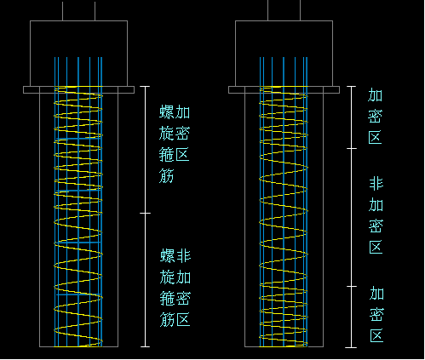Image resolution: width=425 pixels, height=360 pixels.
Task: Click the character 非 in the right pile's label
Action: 376,184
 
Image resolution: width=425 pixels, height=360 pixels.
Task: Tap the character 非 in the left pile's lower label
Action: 183,255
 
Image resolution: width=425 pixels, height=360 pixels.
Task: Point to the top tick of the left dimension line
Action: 145,86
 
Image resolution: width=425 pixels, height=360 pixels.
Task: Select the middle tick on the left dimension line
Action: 145,213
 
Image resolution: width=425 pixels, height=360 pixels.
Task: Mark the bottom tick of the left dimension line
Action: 145,346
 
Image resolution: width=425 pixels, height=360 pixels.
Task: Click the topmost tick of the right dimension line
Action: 352,86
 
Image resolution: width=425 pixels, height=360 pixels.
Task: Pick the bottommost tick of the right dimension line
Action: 352,347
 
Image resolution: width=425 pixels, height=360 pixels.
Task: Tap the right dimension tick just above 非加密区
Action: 352,148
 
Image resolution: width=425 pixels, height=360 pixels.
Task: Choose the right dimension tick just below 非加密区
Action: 352,287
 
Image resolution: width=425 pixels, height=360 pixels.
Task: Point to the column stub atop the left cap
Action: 78,11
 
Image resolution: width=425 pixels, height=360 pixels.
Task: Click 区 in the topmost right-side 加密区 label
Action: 375,138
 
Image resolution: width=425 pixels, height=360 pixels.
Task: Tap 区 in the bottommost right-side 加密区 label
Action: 376,335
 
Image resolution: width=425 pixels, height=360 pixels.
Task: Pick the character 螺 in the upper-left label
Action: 166,111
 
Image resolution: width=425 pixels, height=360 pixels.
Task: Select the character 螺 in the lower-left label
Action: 167,255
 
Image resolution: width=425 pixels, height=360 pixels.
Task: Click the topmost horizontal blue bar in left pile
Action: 78,139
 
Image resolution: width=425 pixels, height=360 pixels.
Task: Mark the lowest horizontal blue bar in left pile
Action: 78,294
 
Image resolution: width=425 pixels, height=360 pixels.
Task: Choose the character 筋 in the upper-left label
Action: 166,176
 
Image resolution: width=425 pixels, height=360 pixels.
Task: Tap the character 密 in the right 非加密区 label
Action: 376,226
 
